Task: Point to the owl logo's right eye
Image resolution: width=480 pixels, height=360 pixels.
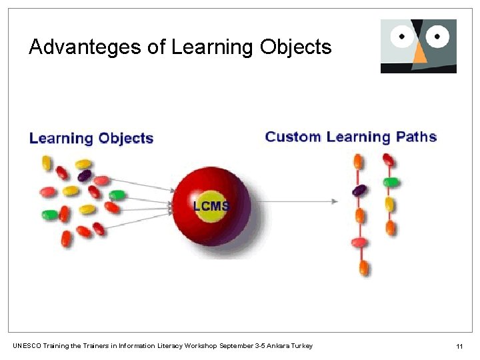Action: (x=438, y=36)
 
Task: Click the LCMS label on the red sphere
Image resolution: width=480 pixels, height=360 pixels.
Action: (x=211, y=207)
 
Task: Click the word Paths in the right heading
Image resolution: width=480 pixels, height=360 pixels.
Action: (x=416, y=137)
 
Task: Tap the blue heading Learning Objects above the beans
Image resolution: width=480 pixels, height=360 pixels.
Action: (x=91, y=139)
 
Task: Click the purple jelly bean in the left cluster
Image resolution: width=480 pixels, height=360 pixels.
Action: (x=84, y=176)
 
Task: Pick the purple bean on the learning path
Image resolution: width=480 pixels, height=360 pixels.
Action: (x=359, y=191)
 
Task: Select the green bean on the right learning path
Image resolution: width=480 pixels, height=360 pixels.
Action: (x=391, y=181)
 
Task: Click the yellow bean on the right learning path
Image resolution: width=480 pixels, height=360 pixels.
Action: (x=390, y=204)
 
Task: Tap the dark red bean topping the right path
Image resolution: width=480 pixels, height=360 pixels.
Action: (x=388, y=160)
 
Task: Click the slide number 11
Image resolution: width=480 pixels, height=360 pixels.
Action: (x=459, y=346)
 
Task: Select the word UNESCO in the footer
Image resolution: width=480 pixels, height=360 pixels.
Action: (x=27, y=345)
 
